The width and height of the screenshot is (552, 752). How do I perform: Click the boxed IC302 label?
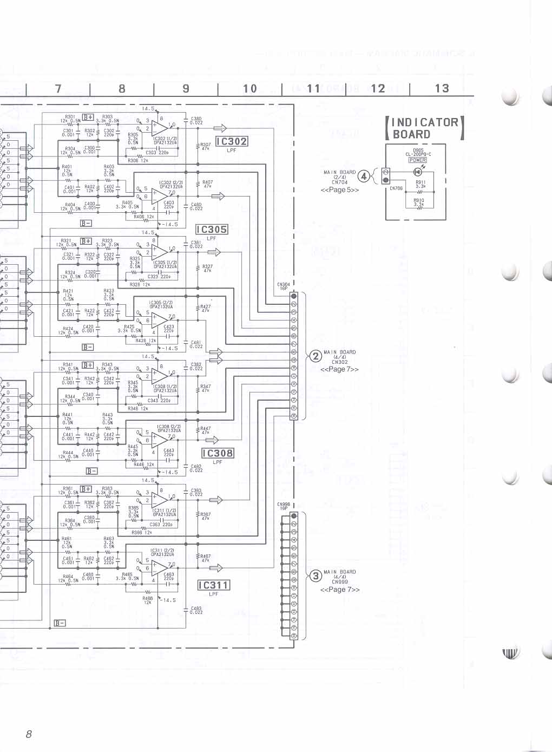pyautogui.click(x=232, y=141)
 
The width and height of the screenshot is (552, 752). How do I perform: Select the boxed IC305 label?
pyautogui.click(x=212, y=230)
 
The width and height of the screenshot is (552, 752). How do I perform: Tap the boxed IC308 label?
pyautogui.click(x=218, y=453)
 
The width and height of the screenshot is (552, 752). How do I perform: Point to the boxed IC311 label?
pyautogui.click(x=214, y=585)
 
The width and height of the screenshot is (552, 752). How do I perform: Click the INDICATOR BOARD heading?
pyautogui.click(x=425, y=128)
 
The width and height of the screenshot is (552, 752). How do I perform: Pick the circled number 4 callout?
pyautogui.click(x=364, y=176)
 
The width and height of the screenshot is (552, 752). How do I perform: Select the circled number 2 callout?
pyautogui.click(x=315, y=356)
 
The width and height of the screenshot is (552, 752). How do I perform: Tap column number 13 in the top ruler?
pyautogui.click(x=442, y=88)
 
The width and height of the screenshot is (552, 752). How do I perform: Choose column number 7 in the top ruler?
pyautogui.click(x=58, y=88)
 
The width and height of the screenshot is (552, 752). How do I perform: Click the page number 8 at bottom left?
pyautogui.click(x=29, y=734)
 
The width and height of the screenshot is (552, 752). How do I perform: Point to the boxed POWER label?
pyautogui.click(x=418, y=160)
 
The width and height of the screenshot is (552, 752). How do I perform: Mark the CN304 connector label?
pyautogui.click(x=284, y=286)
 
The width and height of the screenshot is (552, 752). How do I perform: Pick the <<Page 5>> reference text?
pyautogui.click(x=339, y=190)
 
